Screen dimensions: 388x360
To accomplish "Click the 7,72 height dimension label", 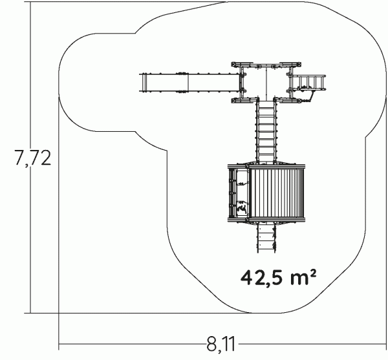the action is tap(33, 158).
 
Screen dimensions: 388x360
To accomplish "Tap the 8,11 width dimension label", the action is tap(221, 344).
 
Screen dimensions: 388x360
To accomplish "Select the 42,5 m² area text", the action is tap(278, 277).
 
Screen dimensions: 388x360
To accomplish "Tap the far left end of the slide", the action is tap(140, 83).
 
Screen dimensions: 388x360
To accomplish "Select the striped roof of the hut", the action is tap(277, 193).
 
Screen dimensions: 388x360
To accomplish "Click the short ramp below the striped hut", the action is tap(266, 238).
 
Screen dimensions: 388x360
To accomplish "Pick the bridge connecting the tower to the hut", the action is tap(266, 132).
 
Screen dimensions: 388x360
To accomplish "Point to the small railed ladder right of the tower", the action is tap(309, 82).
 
